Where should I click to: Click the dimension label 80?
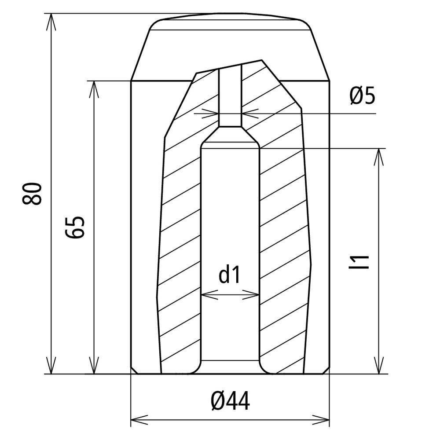(32, 193)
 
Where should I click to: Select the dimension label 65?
(75, 227)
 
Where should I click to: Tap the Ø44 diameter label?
(230, 401)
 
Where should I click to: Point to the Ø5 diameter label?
(362, 95)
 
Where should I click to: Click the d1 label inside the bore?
(230, 275)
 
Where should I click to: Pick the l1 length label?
(359, 262)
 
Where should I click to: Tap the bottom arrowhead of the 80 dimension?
(51, 365)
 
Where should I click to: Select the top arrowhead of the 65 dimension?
(94, 89)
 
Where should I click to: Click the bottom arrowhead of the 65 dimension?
(94, 365)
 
